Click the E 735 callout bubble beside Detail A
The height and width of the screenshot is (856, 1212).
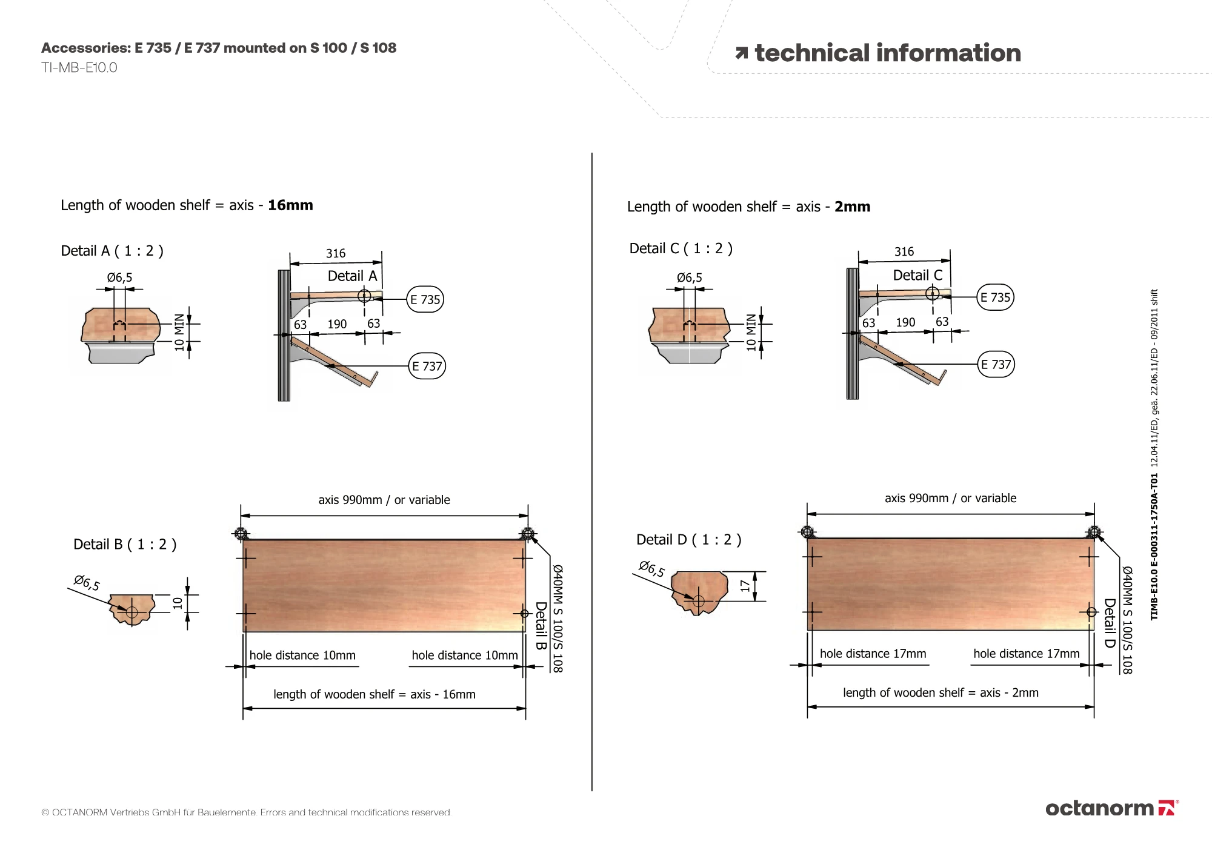pos(425,299)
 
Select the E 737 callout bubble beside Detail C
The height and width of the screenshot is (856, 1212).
pos(996,364)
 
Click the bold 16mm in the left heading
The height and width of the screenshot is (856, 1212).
pos(290,205)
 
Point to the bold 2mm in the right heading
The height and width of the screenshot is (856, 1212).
pos(852,207)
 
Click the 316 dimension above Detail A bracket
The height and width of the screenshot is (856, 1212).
pos(336,253)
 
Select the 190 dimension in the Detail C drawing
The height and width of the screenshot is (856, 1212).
pos(905,322)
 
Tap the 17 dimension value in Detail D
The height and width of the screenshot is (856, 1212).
pos(745,586)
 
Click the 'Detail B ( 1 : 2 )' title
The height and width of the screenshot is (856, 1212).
pos(125,544)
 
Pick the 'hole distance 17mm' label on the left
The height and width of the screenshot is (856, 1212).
pos(873,654)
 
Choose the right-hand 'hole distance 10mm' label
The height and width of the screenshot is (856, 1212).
pos(465,655)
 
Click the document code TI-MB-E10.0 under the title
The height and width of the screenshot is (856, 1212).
pos(79,68)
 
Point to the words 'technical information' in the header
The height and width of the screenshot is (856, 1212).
pos(888,53)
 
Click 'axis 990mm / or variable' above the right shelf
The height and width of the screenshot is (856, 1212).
pos(950,498)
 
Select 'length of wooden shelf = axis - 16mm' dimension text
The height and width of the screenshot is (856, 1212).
pos(375,694)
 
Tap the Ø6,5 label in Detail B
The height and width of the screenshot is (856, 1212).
pos(87,583)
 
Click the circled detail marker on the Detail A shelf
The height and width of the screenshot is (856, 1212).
pos(364,296)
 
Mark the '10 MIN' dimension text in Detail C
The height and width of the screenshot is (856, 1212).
pos(751,333)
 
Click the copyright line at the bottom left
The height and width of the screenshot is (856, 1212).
pos(246,812)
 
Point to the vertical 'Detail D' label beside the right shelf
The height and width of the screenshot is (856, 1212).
pos(1110,623)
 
